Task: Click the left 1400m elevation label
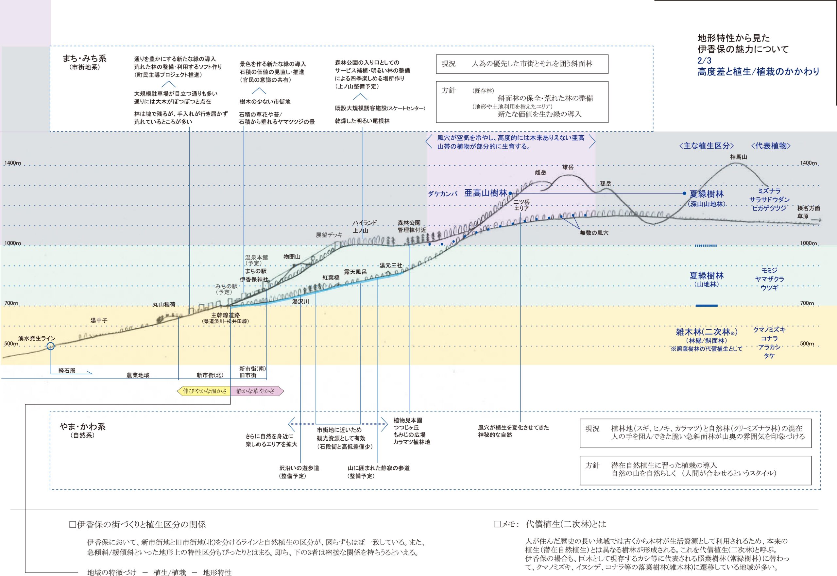click(x=13, y=163)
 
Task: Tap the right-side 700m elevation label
click(x=807, y=303)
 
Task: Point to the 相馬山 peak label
click(x=738, y=157)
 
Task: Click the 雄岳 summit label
click(x=567, y=167)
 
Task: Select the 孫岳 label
click(x=605, y=184)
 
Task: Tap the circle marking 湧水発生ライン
click(x=51, y=346)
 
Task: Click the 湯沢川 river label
click(x=301, y=302)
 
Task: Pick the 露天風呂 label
click(x=355, y=272)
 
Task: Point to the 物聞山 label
click(x=292, y=257)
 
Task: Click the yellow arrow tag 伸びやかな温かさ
click(x=204, y=391)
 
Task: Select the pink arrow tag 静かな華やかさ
click(x=256, y=391)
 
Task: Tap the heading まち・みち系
click(x=84, y=58)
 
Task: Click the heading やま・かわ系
click(x=83, y=426)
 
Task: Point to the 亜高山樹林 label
click(x=486, y=193)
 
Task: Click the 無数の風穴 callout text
click(x=594, y=233)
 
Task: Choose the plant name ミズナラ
click(x=769, y=191)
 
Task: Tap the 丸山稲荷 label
click(x=164, y=304)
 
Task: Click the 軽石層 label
click(x=67, y=371)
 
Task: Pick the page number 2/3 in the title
click(x=704, y=60)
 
